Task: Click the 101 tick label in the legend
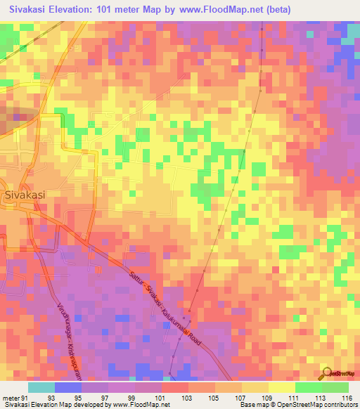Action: (162, 398)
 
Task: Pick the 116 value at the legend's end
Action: (347, 398)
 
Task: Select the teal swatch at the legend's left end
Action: (41, 387)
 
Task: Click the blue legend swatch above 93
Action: (68, 387)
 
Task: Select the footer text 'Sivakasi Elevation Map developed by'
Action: (44, 405)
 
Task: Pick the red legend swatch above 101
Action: (175, 387)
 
